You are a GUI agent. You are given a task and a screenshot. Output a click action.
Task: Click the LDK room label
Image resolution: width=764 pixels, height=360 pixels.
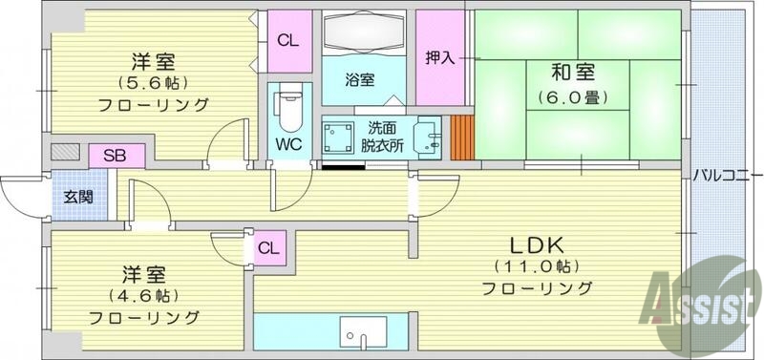point(536,241)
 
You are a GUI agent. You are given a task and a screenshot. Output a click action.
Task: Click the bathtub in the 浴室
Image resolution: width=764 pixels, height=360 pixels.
point(364,35)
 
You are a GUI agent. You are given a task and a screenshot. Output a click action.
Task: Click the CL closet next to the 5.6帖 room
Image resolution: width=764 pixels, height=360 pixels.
point(287,40)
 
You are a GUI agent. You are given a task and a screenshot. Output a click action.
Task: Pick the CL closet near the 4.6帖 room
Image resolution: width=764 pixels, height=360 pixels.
point(269,249)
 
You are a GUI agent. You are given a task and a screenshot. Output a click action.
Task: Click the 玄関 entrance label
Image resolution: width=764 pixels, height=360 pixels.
point(78,198)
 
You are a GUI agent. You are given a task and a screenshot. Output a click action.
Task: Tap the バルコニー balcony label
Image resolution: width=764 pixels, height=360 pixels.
point(728,177)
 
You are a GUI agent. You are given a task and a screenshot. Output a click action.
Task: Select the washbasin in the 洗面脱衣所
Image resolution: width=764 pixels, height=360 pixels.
point(426,138)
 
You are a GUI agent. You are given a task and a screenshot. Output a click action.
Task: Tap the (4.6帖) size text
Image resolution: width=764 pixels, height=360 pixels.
point(144,294)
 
